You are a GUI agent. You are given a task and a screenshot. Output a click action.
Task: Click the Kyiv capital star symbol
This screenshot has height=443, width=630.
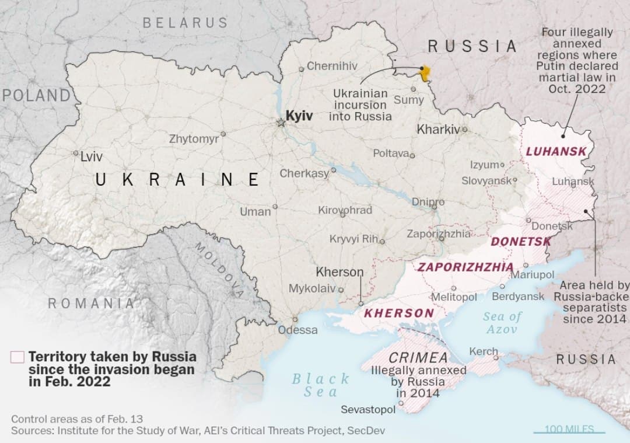coord(281,123)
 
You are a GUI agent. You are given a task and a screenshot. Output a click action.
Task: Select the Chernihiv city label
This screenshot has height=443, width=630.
coord(332,66)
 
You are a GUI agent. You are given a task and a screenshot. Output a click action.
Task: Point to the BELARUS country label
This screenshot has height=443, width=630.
coord(185,23)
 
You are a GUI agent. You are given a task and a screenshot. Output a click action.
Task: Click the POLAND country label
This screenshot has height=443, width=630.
coord(36,95)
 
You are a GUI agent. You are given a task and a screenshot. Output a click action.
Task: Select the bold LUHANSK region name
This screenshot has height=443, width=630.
coord(556,151)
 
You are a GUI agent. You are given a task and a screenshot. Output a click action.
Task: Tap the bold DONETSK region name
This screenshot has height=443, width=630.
coord(521,241)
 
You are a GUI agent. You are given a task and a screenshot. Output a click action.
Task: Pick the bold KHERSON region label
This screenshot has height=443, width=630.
coord(399,313)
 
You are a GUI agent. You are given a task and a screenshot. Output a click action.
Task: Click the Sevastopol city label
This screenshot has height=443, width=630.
coord(368,410)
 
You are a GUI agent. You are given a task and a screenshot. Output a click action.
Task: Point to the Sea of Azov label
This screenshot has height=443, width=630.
coord(502,323)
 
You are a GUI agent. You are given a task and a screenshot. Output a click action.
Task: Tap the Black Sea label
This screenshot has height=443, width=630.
coord(320,385)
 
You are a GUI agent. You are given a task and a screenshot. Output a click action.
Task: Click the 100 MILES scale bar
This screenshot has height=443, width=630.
coord(569,431)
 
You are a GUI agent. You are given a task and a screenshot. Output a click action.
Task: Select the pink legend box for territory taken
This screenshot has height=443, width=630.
coord(17,357)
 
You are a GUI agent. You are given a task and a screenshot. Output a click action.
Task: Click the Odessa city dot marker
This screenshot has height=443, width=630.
coord(295,319)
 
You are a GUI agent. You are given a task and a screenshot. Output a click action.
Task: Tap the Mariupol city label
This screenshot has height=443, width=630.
coord(533,275)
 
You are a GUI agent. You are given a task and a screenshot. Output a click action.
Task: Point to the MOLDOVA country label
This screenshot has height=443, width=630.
coord(218,270)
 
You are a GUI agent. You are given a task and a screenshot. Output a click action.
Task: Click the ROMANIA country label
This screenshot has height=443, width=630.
coord(91,304)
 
